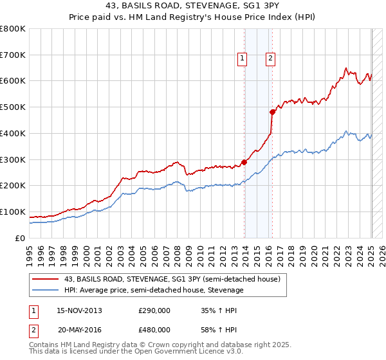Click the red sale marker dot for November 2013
coord(244,162)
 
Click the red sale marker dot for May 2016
coord(272,112)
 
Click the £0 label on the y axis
coord(21,238)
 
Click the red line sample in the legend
coord(45,279)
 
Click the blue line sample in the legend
coord(45,291)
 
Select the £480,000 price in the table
coord(154,329)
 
